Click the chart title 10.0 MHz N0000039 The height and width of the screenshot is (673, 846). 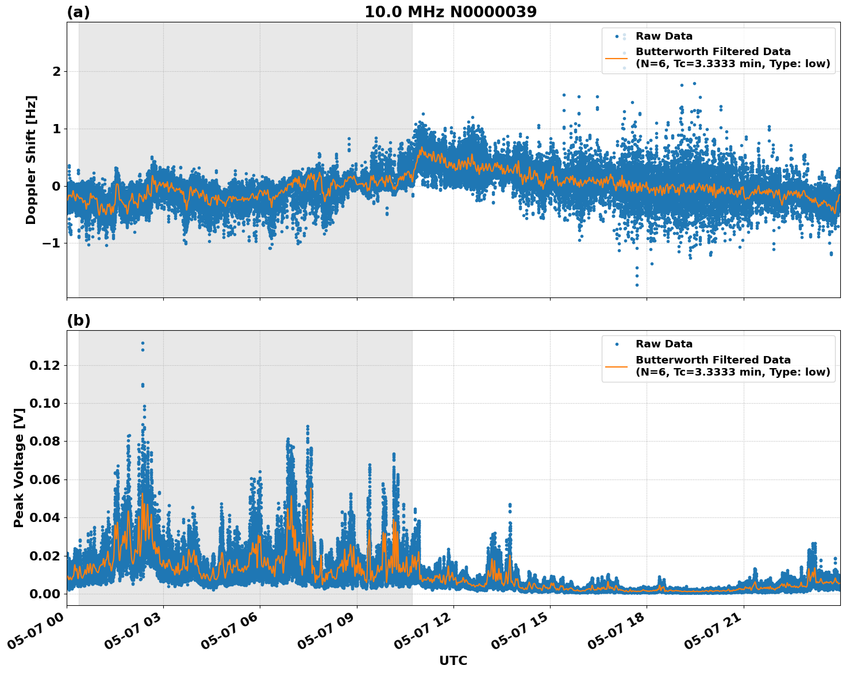pos(450,11)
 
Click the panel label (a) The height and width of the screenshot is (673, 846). pos(78,12)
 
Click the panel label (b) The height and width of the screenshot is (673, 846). pos(78,320)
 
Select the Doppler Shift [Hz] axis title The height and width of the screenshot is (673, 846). pos(31,160)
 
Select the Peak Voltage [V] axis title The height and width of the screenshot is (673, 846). pos(19,467)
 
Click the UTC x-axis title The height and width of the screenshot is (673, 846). pos(453,660)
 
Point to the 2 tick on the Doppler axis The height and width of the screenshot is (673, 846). pos(56,71)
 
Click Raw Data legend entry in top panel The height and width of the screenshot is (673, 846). pos(664,36)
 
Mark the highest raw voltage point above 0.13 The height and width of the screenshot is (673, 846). pos(143,343)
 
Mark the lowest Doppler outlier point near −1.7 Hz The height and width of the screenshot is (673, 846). pos(637,285)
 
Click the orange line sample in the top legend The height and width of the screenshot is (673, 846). pos(616,57)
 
